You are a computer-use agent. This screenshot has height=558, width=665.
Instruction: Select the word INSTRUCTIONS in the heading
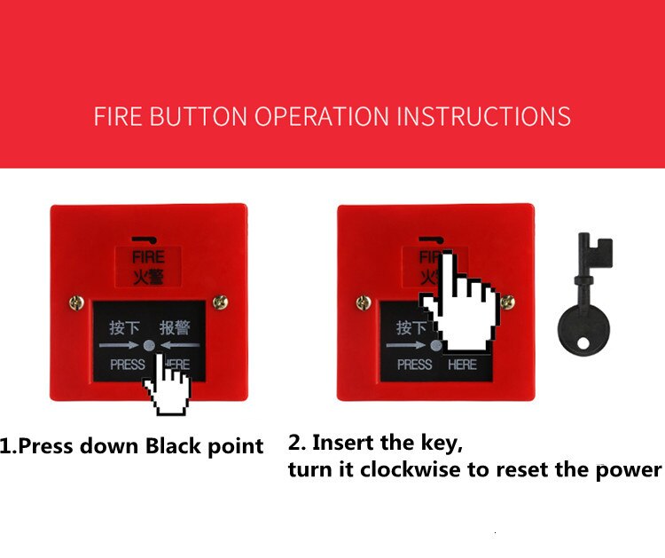(x=483, y=116)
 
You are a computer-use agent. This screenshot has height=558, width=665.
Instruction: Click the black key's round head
(x=583, y=329)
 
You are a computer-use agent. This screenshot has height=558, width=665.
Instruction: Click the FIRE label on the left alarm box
(x=148, y=257)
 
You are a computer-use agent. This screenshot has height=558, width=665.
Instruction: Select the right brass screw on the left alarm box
(x=220, y=304)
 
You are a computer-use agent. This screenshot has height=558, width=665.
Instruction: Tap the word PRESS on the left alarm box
(x=127, y=365)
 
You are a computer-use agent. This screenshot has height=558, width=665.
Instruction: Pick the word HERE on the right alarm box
(x=462, y=365)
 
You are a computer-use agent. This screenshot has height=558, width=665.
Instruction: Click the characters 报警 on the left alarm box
(x=175, y=327)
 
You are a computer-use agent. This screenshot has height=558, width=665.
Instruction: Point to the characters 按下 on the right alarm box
(x=411, y=327)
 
